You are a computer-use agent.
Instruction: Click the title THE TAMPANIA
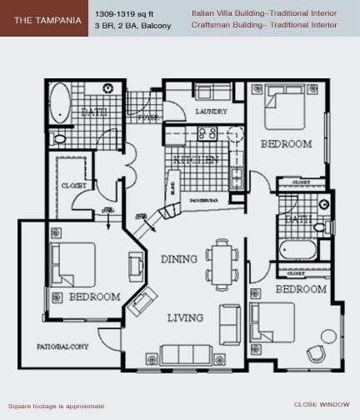44,19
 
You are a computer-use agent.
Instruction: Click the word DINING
178,258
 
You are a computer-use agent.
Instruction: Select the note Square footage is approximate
55,406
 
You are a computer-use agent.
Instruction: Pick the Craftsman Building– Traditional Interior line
264,27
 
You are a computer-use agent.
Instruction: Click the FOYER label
148,117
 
